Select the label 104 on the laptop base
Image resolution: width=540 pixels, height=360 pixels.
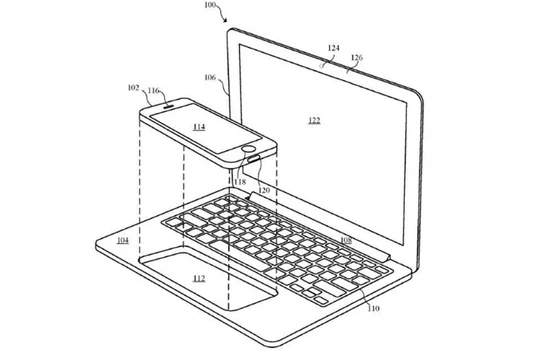tap(121, 241)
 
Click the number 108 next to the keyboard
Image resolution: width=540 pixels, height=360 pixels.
tap(345, 241)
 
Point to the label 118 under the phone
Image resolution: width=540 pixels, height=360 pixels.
tap(240, 181)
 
